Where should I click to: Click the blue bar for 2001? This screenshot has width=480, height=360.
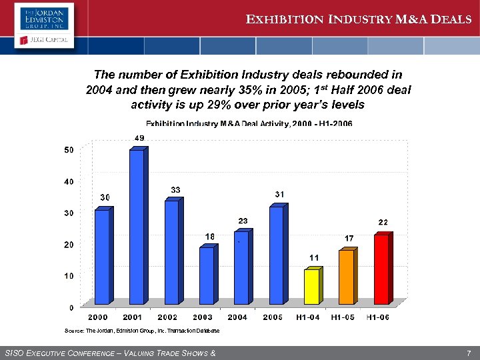[x=137, y=227]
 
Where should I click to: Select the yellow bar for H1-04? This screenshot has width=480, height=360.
[x=311, y=287]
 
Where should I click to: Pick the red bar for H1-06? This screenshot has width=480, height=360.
[x=381, y=269]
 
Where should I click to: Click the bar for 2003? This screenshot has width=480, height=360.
[x=207, y=275]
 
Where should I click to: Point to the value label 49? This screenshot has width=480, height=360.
[x=139, y=138]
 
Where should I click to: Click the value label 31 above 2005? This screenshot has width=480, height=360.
[x=280, y=194]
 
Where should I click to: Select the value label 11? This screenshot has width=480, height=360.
[x=314, y=257]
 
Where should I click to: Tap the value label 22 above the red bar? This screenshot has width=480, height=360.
[x=383, y=222]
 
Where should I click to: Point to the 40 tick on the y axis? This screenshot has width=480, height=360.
[x=69, y=181]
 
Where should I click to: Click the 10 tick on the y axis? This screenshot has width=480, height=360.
[x=69, y=275]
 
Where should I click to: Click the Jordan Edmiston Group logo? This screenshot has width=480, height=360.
[x=43, y=16]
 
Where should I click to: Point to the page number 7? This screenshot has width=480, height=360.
[x=469, y=352]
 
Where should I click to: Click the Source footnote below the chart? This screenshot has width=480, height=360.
[x=141, y=331]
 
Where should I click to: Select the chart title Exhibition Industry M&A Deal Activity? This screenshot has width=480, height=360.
[x=249, y=123]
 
